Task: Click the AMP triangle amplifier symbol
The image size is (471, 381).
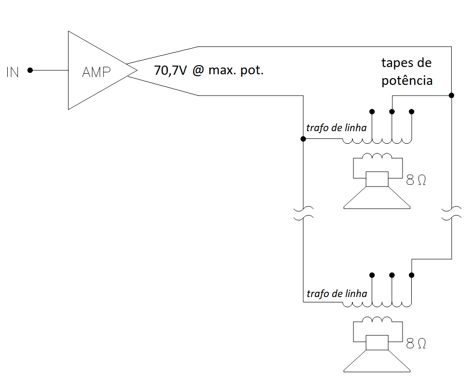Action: point(96,71)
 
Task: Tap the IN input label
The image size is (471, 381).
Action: point(13,73)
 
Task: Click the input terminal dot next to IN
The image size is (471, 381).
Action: point(30,70)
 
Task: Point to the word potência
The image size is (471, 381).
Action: point(407,81)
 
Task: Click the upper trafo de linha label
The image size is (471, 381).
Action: point(336,128)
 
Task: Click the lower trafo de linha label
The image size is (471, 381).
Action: point(336,293)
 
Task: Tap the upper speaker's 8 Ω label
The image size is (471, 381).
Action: point(417,180)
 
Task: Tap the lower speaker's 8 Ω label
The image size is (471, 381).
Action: point(417,343)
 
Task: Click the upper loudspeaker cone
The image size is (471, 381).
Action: point(377,198)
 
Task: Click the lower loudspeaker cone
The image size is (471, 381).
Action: point(377,362)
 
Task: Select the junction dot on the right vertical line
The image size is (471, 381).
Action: point(451,95)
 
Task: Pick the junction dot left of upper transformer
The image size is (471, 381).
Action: point(303,139)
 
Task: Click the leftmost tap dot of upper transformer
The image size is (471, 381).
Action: point(372,112)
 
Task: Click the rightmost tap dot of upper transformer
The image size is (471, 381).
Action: point(412,112)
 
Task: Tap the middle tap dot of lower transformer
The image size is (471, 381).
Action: point(392,275)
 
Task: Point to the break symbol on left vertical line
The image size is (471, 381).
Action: point(303,213)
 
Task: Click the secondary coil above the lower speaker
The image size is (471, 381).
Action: point(377,320)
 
